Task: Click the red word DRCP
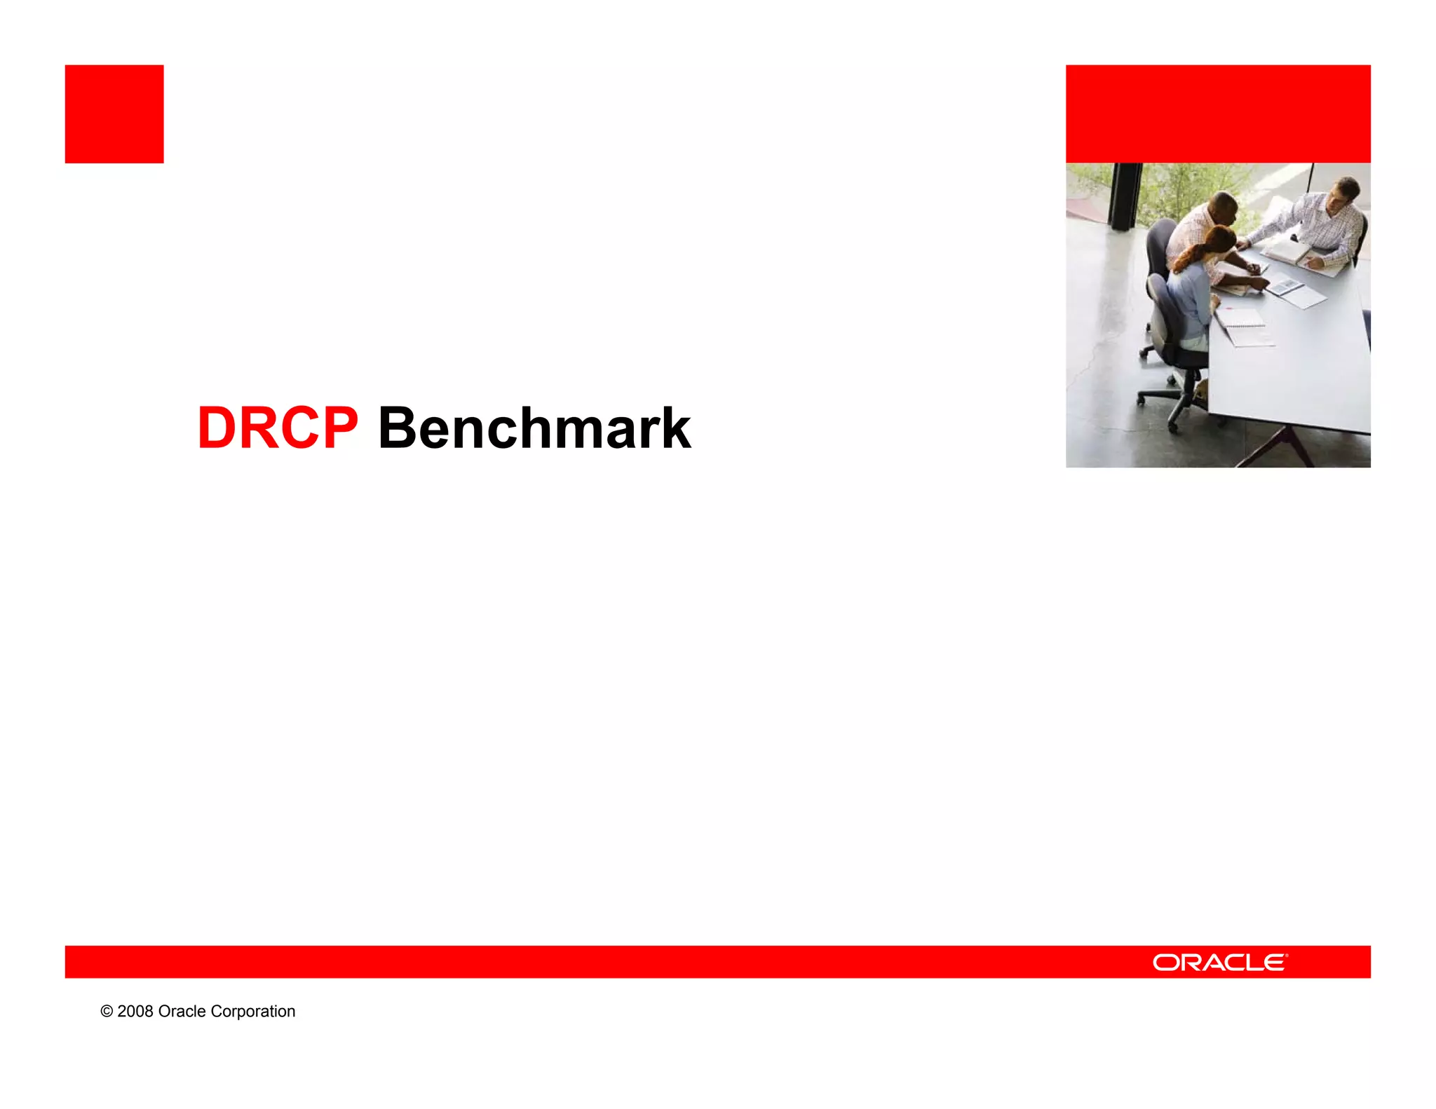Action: coord(278,428)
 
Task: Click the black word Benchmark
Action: coord(534,428)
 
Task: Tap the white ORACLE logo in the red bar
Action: coord(1219,962)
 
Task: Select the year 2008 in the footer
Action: coord(135,1011)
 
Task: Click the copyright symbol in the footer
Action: coord(107,1011)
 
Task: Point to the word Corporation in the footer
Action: coord(253,1011)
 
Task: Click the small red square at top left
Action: coord(114,114)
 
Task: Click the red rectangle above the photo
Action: coord(1218,114)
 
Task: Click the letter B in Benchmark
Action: coord(398,428)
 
